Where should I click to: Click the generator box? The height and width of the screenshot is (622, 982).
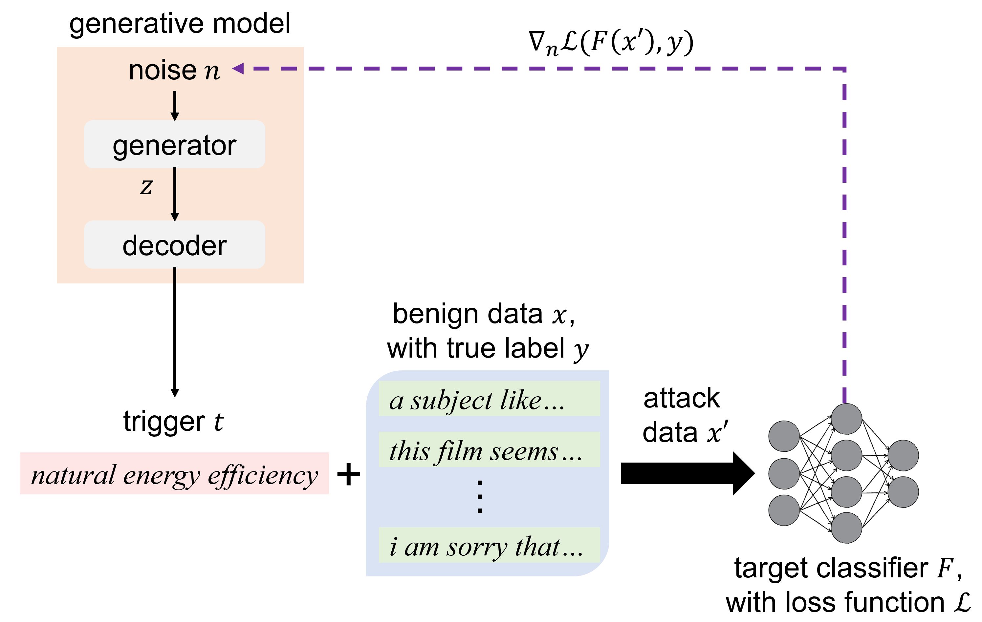tap(175, 144)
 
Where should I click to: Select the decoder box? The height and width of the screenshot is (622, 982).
tap(175, 244)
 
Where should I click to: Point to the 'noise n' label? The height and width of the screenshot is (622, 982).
tap(174, 71)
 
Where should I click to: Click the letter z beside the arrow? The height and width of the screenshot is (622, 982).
tap(146, 187)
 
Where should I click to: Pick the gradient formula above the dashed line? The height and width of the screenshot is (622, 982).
tap(611, 43)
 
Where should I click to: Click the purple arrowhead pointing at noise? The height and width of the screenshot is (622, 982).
tap(238, 69)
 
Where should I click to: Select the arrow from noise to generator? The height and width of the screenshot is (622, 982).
tap(175, 106)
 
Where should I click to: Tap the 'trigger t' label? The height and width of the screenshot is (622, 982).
tap(173, 422)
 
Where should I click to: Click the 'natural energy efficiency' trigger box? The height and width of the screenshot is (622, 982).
tap(175, 474)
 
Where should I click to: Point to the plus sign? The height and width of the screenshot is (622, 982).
tap(349, 474)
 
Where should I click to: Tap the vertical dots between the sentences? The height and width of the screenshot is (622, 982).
tap(480, 496)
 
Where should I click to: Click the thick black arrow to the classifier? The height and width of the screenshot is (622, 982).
tap(687, 474)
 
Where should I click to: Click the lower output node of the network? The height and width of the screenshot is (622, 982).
tap(903, 492)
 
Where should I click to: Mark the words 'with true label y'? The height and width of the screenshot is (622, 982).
tap(488, 349)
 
